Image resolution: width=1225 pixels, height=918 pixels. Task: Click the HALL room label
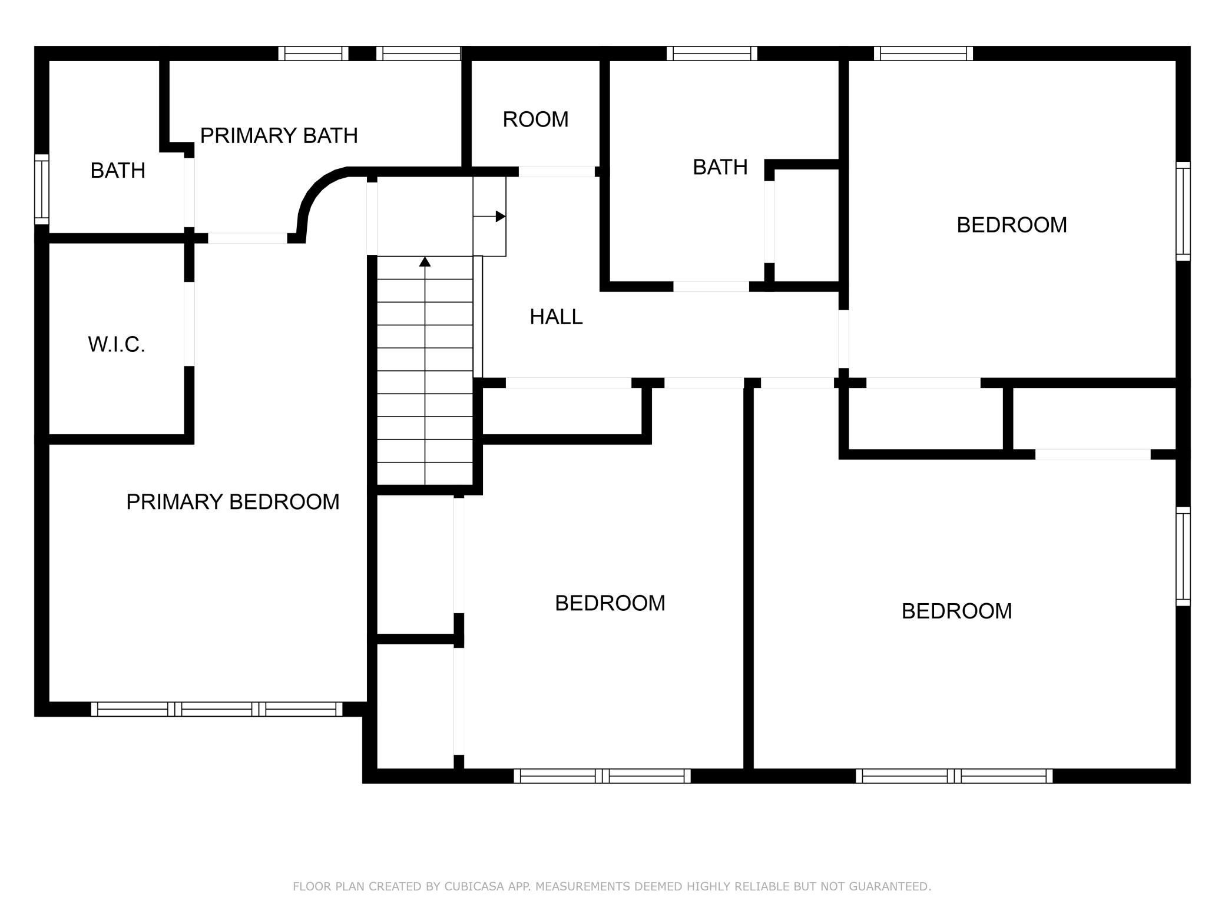pyautogui.click(x=556, y=317)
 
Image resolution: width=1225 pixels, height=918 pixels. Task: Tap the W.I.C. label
pyautogui.click(x=117, y=345)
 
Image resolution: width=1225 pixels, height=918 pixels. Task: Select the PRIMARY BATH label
pyautogui.click(x=279, y=136)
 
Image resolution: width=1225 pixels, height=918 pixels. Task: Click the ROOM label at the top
pyautogui.click(x=535, y=119)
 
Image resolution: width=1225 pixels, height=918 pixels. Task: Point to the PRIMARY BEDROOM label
pyautogui.click(x=233, y=502)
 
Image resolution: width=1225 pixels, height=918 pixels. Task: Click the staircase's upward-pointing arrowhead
pyautogui.click(x=425, y=261)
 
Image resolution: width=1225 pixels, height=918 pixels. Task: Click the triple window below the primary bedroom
pyautogui.click(x=217, y=709)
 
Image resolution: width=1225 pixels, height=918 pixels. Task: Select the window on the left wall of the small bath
pyautogui.click(x=41, y=189)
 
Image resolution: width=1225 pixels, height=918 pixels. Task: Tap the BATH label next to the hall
pyautogui.click(x=720, y=167)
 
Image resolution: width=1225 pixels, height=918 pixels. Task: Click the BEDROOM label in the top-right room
pyautogui.click(x=1012, y=225)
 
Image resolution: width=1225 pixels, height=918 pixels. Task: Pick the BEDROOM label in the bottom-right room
pyautogui.click(x=956, y=611)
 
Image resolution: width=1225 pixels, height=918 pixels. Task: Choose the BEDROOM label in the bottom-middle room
pyautogui.click(x=610, y=603)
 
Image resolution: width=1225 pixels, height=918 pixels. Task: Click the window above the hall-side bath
pyautogui.click(x=712, y=54)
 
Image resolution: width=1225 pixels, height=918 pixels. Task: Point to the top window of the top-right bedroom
pyautogui.click(x=923, y=54)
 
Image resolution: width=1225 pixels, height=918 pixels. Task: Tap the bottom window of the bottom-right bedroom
pyautogui.click(x=954, y=776)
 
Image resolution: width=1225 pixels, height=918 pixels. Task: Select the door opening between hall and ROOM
pyautogui.click(x=557, y=172)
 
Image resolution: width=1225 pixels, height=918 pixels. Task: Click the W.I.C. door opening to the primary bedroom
pyautogui.click(x=189, y=324)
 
